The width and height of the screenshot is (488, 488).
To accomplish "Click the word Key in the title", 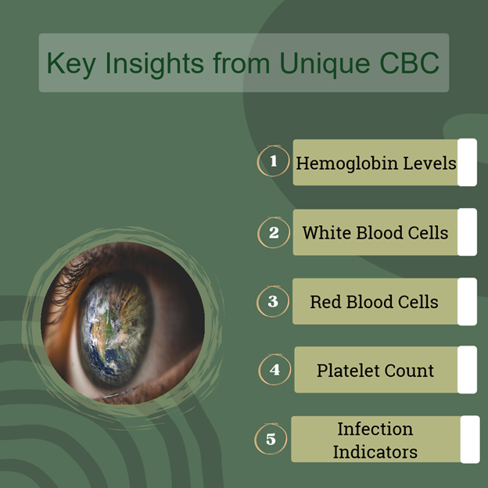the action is pos(71,64).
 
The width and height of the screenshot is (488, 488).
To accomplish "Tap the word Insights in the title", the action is pos(155,63).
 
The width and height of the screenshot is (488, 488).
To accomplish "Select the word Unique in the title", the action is pos(325,64).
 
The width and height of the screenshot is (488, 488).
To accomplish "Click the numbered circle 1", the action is pos(273,161).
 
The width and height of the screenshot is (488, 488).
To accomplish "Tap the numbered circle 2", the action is pos(274,232).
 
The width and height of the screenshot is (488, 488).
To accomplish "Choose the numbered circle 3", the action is pos(273,301).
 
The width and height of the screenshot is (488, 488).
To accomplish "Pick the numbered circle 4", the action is pos(274,370).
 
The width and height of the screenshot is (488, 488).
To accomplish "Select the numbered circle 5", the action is pos(271,439).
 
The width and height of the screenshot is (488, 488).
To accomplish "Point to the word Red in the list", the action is pos(325,302).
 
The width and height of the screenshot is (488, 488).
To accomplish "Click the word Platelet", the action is pos(348,371).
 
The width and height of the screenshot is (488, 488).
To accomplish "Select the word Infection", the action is pos(375,429).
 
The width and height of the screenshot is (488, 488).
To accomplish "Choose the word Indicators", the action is pos(375,452).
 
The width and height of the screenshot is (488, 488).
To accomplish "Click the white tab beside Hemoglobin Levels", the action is pos(467,163).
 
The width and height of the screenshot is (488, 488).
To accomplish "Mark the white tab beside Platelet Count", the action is pos(467,370).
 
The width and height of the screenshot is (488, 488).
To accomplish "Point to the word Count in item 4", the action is pos(409,371).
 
